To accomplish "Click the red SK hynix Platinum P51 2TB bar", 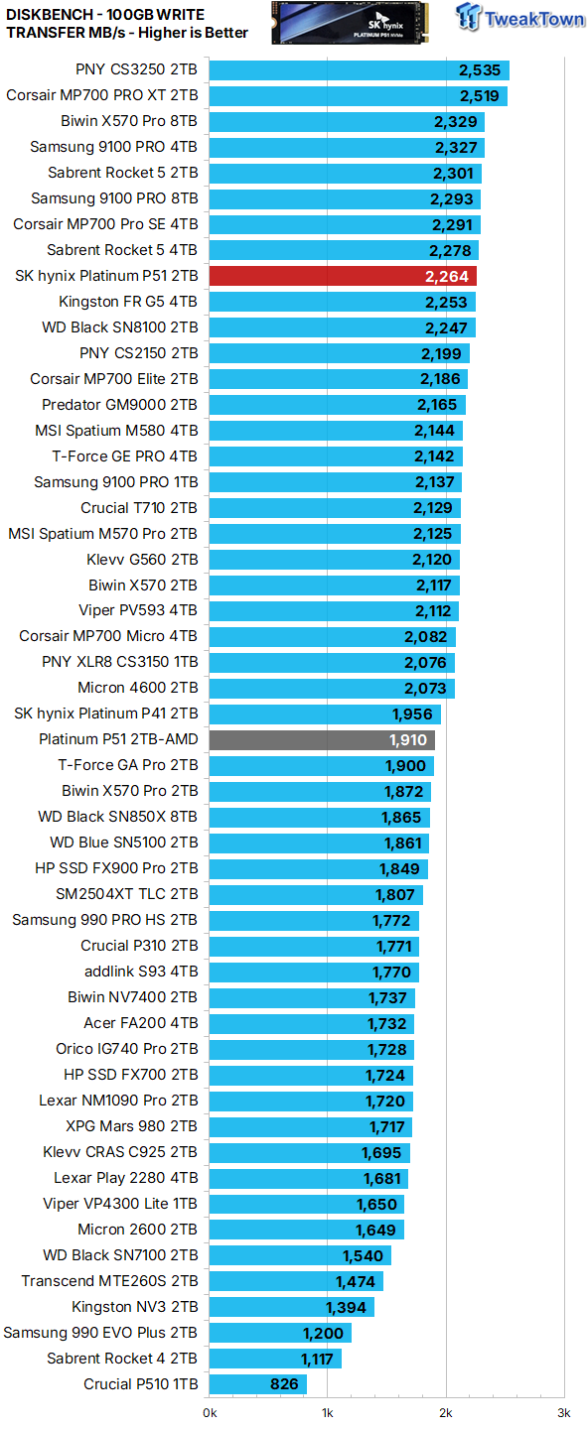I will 343,276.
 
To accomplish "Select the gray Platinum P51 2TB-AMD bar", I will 322,739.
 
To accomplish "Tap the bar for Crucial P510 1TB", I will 258,1384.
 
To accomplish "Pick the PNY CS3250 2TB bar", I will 360,69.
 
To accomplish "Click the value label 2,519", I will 479,95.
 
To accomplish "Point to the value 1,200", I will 323,1333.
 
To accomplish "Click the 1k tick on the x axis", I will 328,1412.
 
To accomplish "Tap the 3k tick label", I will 563,1412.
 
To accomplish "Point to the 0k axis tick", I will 211,1412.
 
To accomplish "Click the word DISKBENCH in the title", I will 49,14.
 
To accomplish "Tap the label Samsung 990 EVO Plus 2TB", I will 100,1333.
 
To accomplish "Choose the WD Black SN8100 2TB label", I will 120,327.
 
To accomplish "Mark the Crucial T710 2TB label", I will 139,508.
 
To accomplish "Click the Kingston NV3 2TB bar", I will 292,1307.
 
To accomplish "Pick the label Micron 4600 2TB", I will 138,688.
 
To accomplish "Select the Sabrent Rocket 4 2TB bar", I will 275,1359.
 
